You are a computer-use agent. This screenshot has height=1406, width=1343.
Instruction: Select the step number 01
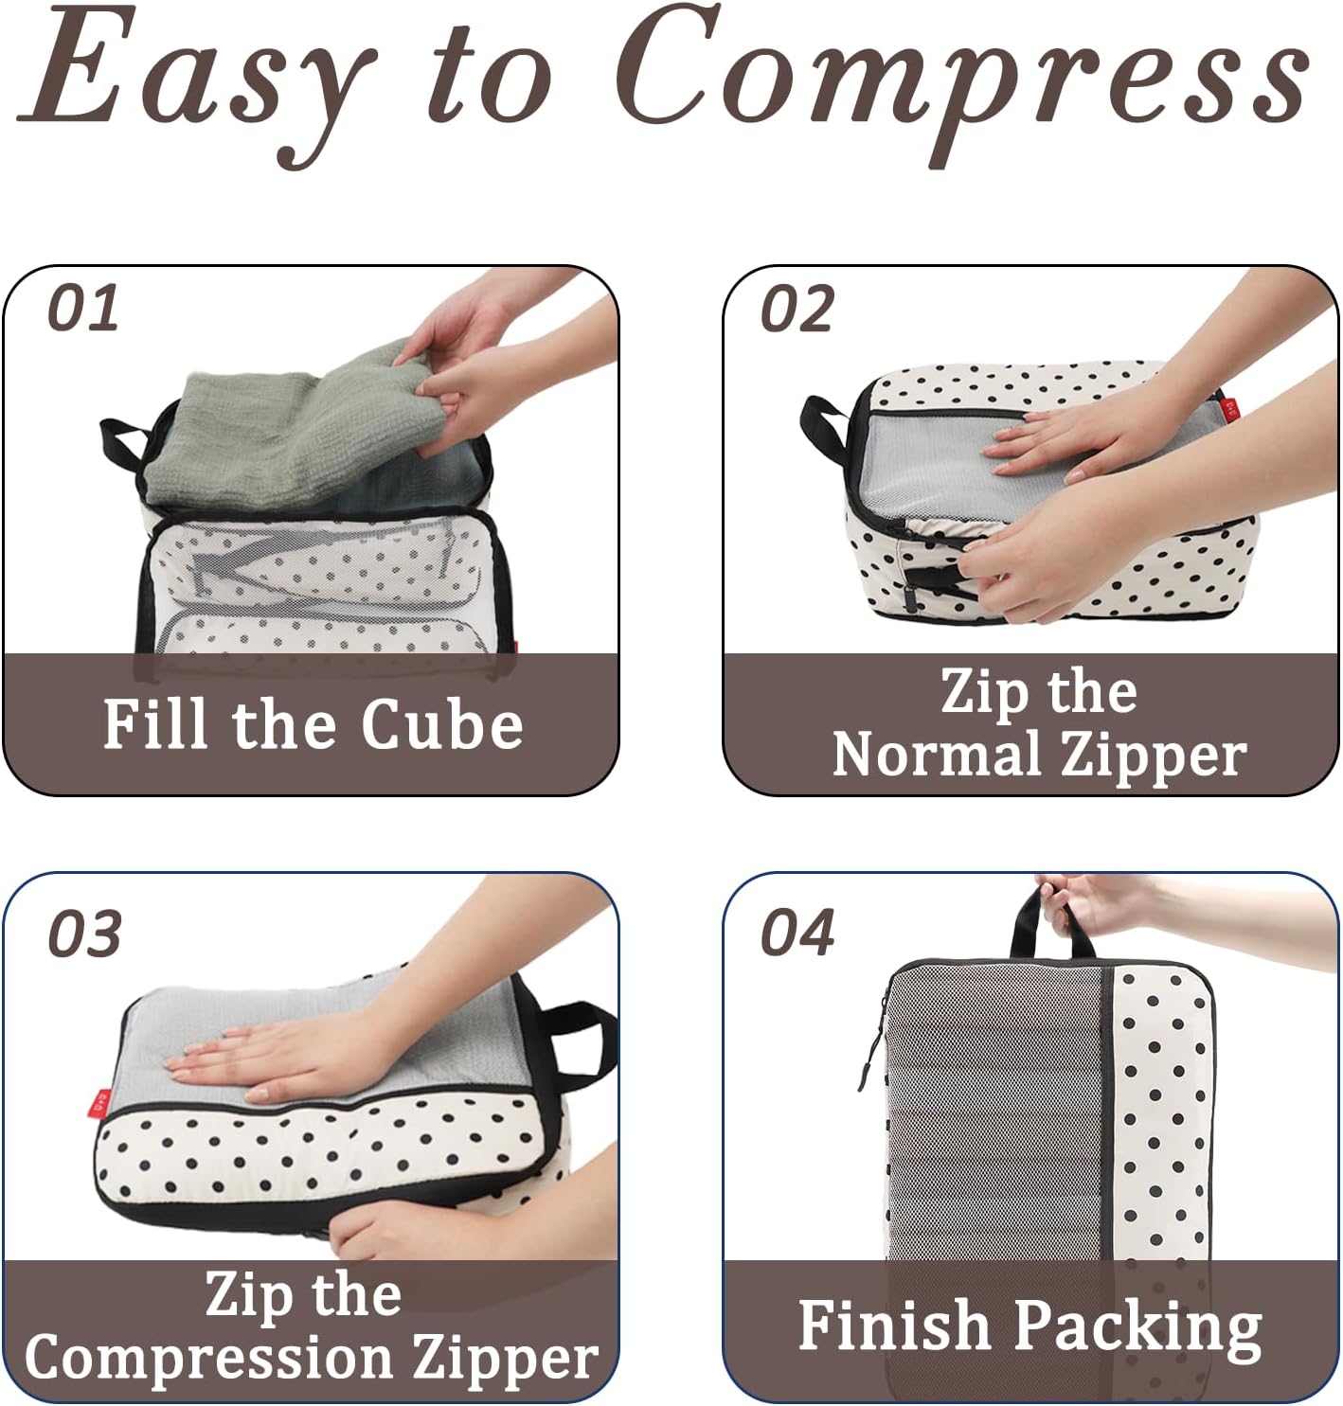coord(83,309)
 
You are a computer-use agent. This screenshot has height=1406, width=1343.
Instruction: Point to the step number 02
coord(797,309)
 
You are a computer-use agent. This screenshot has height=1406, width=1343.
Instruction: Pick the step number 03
coord(84,934)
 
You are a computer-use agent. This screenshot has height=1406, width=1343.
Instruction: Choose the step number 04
coord(797,933)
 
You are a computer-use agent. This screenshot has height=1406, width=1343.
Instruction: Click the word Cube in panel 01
coord(441,724)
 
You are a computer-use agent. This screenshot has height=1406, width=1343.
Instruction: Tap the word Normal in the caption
coord(937,755)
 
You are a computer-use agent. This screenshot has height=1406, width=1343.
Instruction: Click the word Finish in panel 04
coord(893,1324)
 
